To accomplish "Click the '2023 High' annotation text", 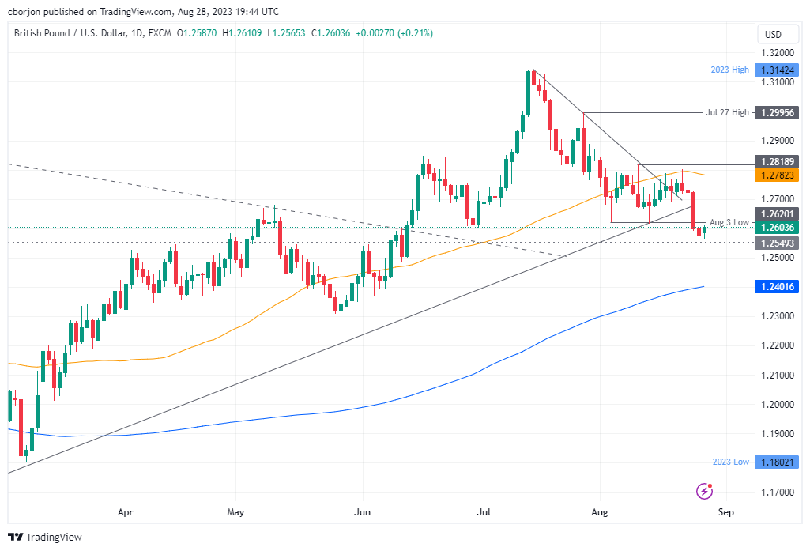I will click(729, 70).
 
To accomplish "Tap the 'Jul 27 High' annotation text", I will click(727, 113).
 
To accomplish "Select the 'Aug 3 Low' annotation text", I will click(729, 222).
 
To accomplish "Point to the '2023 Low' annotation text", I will click(729, 462).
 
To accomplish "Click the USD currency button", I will click(773, 34).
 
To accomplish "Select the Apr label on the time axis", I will click(125, 512).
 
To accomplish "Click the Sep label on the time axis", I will click(725, 512).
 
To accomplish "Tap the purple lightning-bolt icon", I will click(704, 492).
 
